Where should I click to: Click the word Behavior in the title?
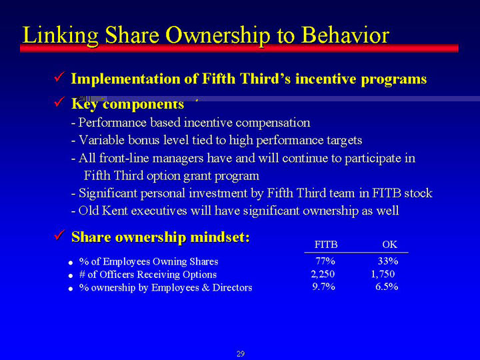pos(345,35)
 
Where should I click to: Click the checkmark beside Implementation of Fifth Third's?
pos(59,77)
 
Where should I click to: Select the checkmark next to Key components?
pos(59,101)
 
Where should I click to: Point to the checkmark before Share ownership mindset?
pos(59,235)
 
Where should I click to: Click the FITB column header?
pos(326,245)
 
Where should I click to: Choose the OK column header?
pos(390,245)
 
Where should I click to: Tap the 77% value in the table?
pos(325,261)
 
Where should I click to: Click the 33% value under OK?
pos(388,261)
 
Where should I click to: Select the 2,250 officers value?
pos(323,274)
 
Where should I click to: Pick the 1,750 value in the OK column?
pos(383,274)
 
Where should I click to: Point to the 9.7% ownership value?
pos(323,287)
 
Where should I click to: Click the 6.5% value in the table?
pos(387,287)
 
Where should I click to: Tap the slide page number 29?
pos(241,354)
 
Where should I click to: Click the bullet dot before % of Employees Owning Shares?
pos(71,263)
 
